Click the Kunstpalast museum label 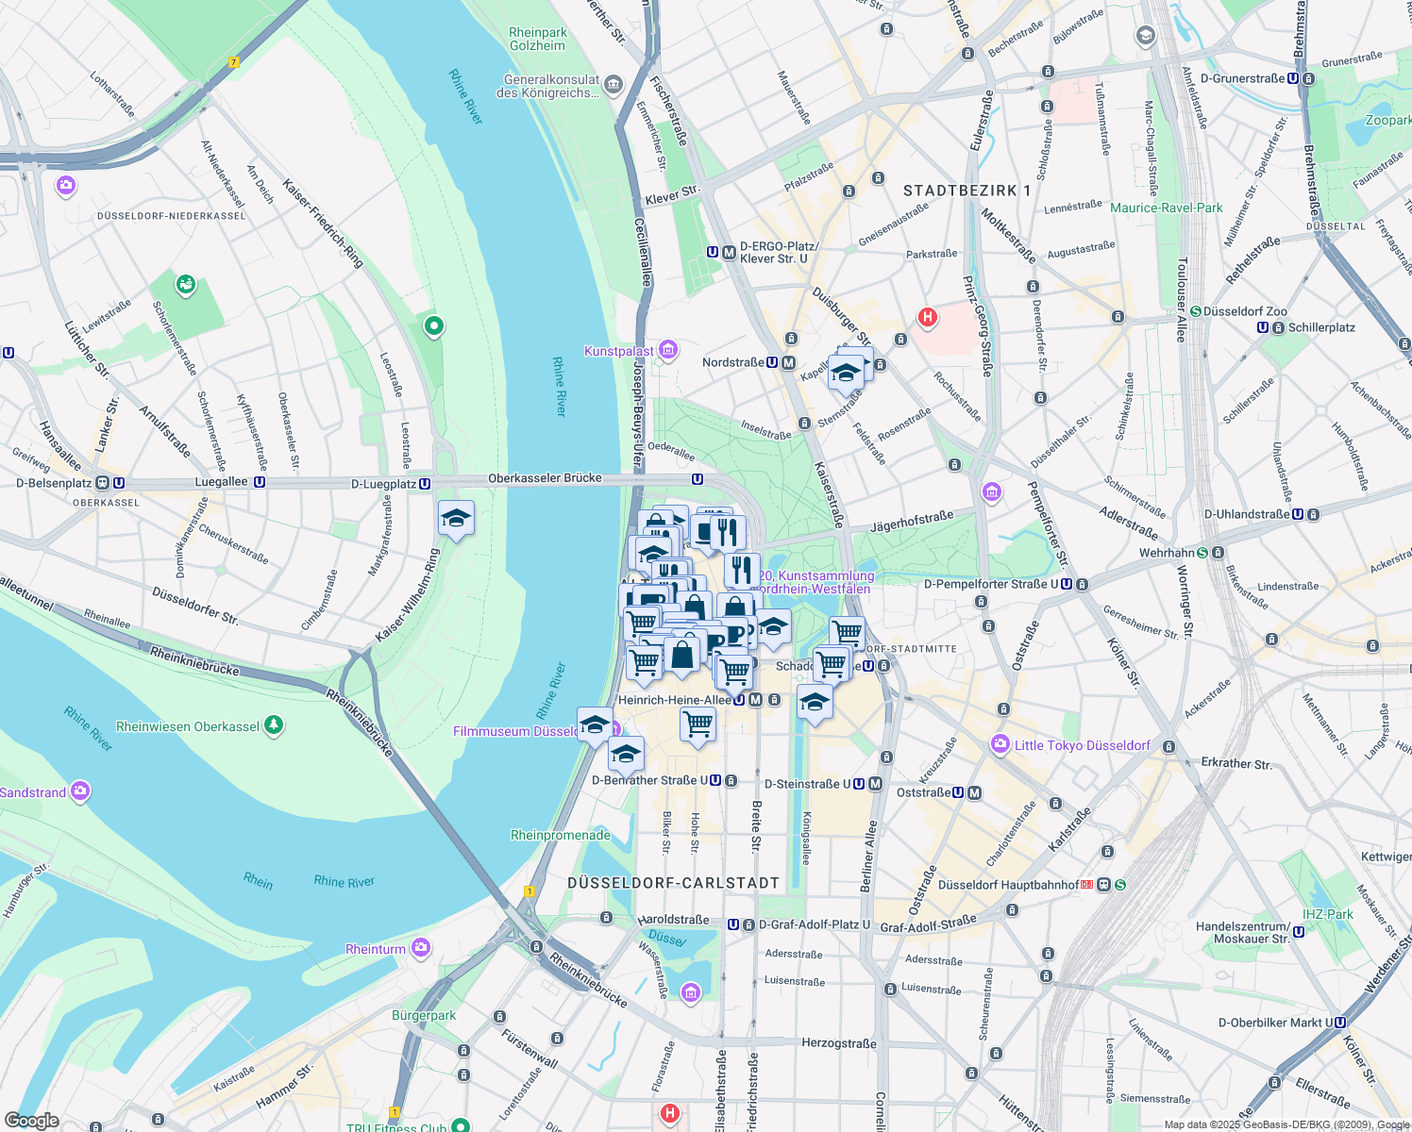619,352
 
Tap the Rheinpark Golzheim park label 537,39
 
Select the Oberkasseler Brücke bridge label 545,478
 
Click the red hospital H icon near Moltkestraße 928,317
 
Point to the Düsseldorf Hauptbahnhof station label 1008,885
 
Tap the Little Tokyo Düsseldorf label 1082,745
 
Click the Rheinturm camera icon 421,947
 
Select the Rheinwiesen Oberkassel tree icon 274,725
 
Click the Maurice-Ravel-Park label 1166,208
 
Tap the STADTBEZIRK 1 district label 967,191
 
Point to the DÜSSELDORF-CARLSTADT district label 674,883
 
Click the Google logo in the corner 31,1120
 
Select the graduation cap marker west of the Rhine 456,519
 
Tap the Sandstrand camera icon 81,791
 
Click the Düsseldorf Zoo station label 1245,311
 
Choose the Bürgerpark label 424,1016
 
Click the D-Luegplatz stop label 383,484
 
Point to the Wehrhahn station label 1167,553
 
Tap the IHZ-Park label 1327,914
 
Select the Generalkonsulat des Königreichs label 551,86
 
